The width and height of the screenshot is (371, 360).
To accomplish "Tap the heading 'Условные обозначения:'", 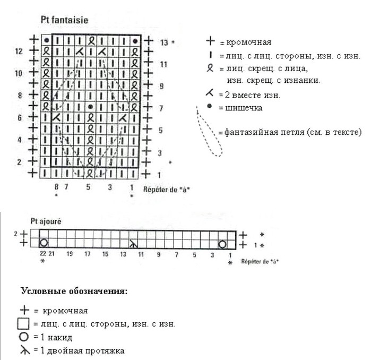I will tap(74, 292).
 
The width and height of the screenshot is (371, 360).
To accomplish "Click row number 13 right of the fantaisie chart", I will tap(164, 41).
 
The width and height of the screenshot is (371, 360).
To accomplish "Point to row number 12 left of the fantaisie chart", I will tap(19, 51).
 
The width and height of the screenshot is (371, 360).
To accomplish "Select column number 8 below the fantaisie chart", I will tap(56, 187).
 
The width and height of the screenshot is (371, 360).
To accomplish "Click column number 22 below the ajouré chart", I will tap(43, 254).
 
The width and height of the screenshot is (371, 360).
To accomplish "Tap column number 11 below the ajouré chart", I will tap(141, 254).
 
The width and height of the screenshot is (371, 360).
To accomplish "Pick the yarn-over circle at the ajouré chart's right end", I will tap(222, 244).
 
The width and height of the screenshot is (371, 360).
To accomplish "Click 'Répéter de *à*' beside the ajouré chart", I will tap(260, 262).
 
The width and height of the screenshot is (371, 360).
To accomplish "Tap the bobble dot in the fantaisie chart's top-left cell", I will tap(47, 40).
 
